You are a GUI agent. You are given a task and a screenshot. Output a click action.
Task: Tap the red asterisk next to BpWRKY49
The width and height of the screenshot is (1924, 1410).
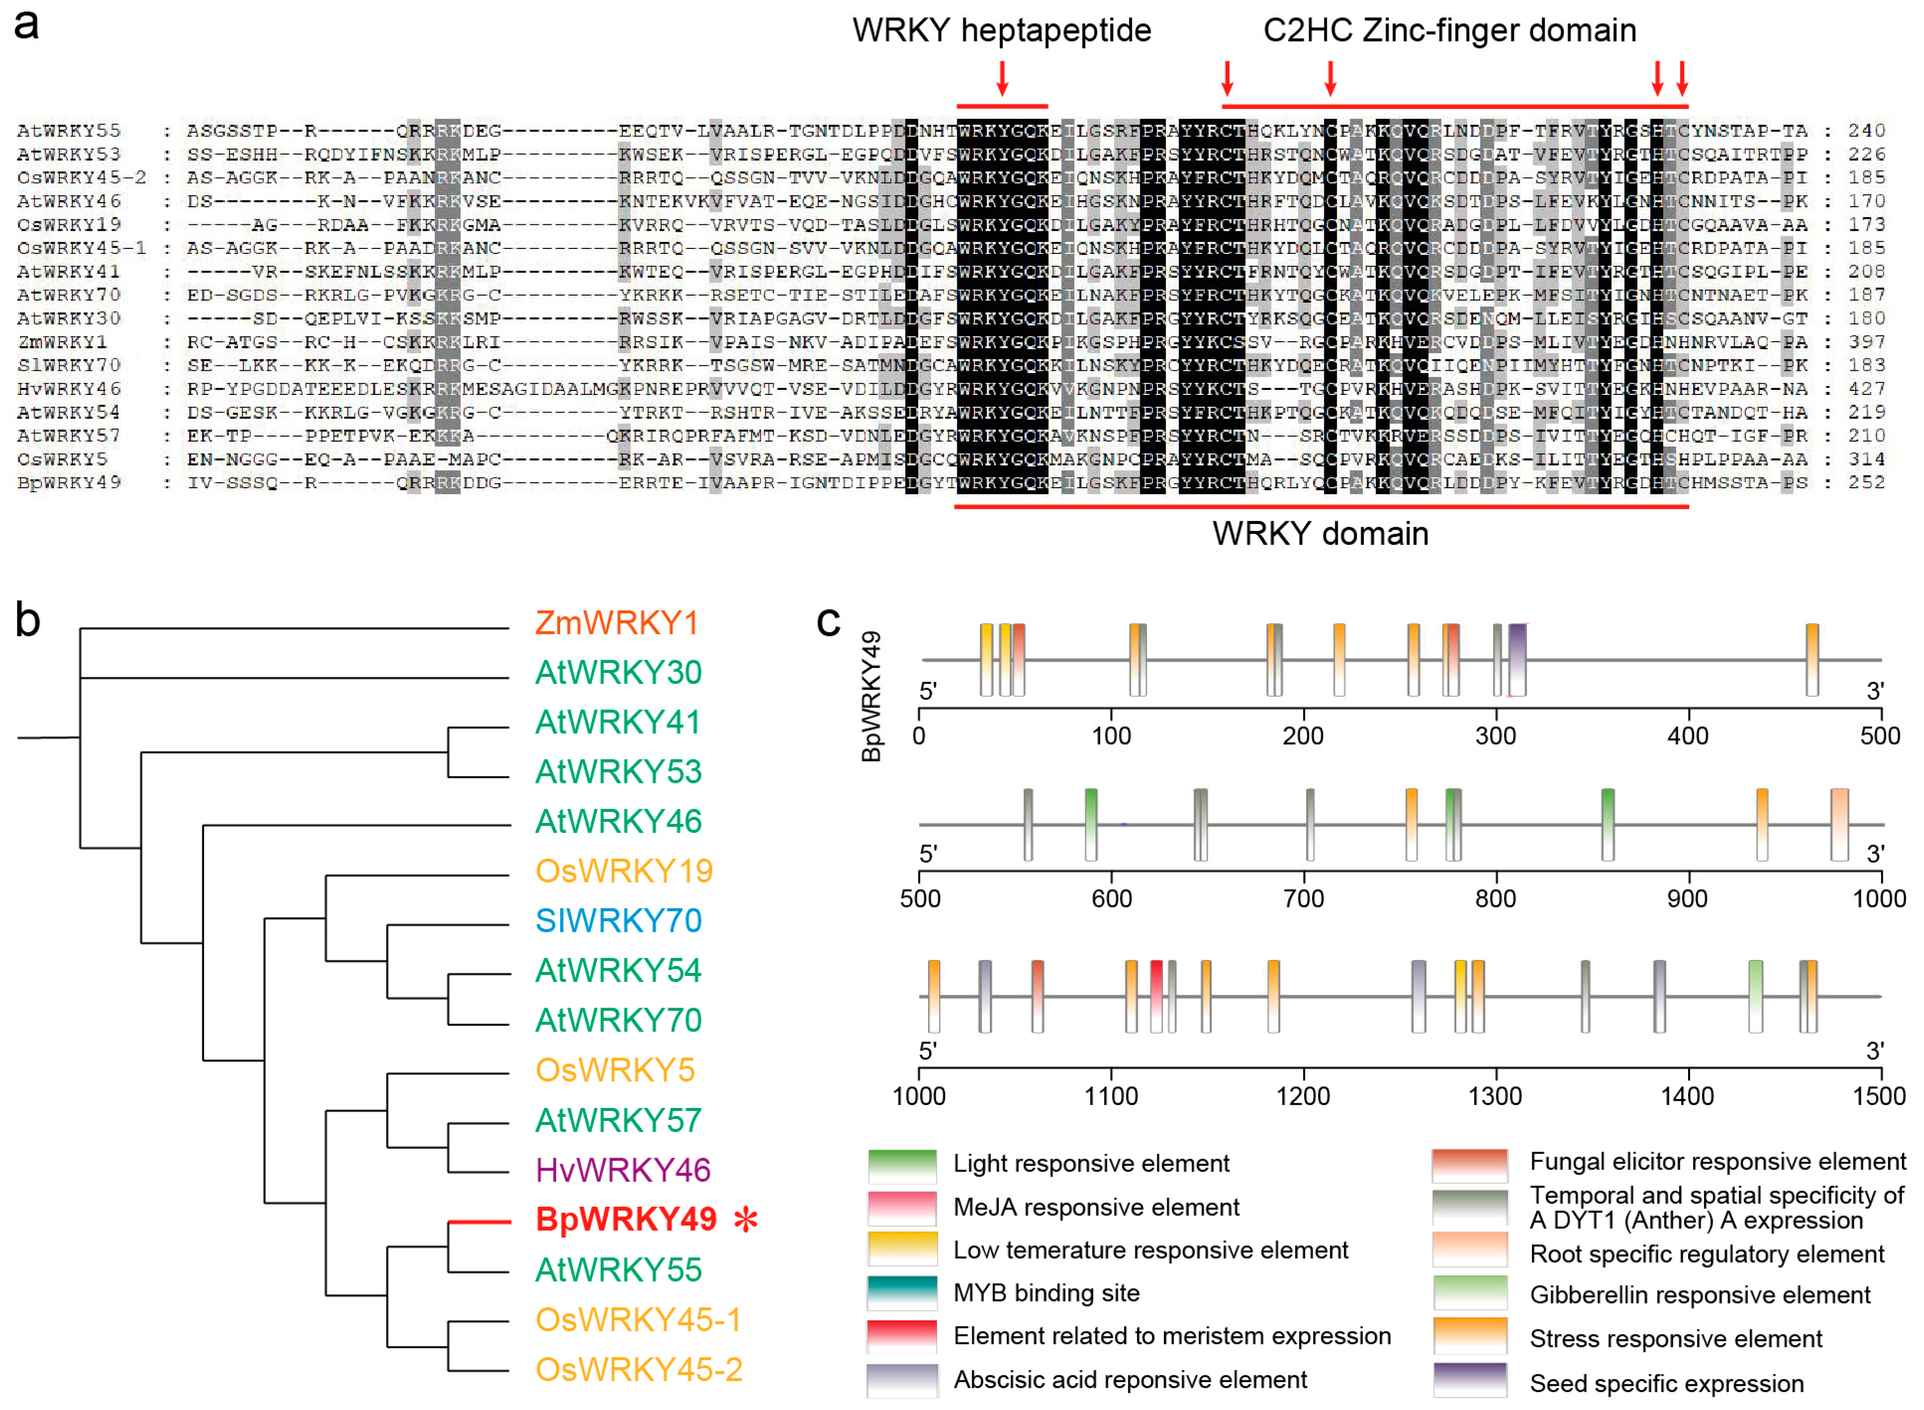[x=745, y=1220]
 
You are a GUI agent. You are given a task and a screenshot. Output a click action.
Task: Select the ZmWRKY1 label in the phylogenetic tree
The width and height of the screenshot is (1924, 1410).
[x=616, y=623]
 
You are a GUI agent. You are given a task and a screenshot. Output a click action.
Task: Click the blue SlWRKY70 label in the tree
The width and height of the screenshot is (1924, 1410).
[x=618, y=921]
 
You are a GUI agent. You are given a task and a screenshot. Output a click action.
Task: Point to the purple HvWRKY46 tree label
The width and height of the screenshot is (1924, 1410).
[x=622, y=1170]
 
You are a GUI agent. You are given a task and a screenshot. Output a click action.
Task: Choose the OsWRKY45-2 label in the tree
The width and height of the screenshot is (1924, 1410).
[x=638, y=1370]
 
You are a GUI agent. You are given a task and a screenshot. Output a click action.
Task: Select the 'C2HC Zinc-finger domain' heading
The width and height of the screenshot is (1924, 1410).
[x=1450, y=31]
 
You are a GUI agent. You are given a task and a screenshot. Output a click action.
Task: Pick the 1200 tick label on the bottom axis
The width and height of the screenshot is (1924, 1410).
[x=1304, y=1097]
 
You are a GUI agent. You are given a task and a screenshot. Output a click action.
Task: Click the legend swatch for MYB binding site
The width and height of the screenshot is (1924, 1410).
[x=902, y=1293]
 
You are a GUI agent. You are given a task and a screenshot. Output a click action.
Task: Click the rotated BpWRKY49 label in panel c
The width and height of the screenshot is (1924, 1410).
[x=871, y=695]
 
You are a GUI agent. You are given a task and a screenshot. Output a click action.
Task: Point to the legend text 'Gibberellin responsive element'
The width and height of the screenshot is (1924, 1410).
[x=1699, y=1296]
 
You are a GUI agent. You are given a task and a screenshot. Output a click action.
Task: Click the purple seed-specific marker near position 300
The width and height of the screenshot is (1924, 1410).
[x=1517, y=660]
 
